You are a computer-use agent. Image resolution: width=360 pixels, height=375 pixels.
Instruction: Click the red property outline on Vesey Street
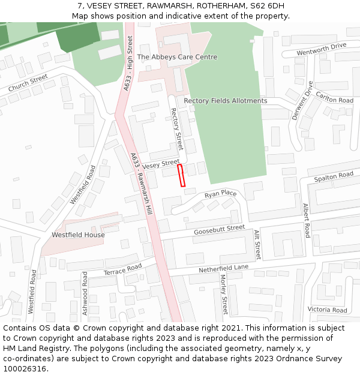tap(181, 176)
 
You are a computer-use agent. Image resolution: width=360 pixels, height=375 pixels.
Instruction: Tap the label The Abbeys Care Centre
tap(177, 57)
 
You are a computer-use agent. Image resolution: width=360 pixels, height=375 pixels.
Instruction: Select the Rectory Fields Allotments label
tap(226, 101)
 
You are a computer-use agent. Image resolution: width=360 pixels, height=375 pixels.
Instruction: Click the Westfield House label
tap(78, 235)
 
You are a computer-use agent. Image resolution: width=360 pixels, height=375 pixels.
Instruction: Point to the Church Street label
tap(28, 83)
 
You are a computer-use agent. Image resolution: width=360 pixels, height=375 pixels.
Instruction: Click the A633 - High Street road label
tap(127, 64)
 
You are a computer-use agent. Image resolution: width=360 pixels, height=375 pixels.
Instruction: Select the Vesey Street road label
tap(161, 163)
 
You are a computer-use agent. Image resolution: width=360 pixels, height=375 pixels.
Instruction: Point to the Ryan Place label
tap(221, 194)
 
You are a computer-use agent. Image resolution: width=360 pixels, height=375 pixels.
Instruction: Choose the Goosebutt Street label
tap(219, 230)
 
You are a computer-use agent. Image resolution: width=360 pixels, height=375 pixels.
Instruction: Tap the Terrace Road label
tap(122, 269)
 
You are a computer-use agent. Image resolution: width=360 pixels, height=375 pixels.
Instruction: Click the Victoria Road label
tap(327, 310)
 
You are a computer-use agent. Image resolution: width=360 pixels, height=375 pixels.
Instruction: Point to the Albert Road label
tap(306, 220)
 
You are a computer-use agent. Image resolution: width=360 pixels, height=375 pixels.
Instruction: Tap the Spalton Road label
tap(334, 176)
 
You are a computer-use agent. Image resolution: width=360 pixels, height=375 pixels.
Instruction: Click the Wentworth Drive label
tap(322, 49)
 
